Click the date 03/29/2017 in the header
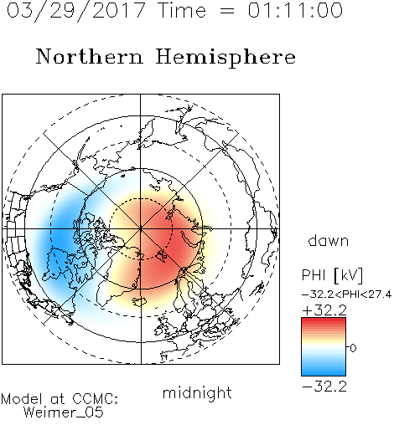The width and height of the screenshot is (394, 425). (x=76, y=11)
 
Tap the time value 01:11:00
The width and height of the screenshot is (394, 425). (x=295, y=10)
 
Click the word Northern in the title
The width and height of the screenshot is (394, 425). (x=90, y=57)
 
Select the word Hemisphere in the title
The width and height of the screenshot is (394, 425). (x=226, y=58)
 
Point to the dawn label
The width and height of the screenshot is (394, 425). (x=329, y=240)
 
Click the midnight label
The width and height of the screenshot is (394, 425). (x=197, y=392)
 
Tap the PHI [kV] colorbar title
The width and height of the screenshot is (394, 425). (x=332, y=275)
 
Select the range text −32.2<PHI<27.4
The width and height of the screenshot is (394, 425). (x=347, y=294)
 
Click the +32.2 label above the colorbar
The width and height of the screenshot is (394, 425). (x=324, y=310)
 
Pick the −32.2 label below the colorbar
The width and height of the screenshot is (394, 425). (x=324, y=387)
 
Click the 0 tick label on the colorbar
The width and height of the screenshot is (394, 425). (x=353, y=348)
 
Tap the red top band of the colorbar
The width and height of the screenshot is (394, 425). (x=324, y=322)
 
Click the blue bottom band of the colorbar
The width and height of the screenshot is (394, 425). (x=324, y=371)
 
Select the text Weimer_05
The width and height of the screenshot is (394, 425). (x=64, y=412)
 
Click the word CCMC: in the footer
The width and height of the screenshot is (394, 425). (x=95, y=399)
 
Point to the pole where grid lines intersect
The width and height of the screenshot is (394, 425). (x=141, y=229)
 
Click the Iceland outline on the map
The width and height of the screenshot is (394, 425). (x=140, y=301)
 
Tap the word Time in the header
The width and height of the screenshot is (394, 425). (x=182, y=10)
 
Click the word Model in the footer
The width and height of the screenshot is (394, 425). (x=22, y=399)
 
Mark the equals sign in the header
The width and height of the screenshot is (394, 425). (x=227, y=11)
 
